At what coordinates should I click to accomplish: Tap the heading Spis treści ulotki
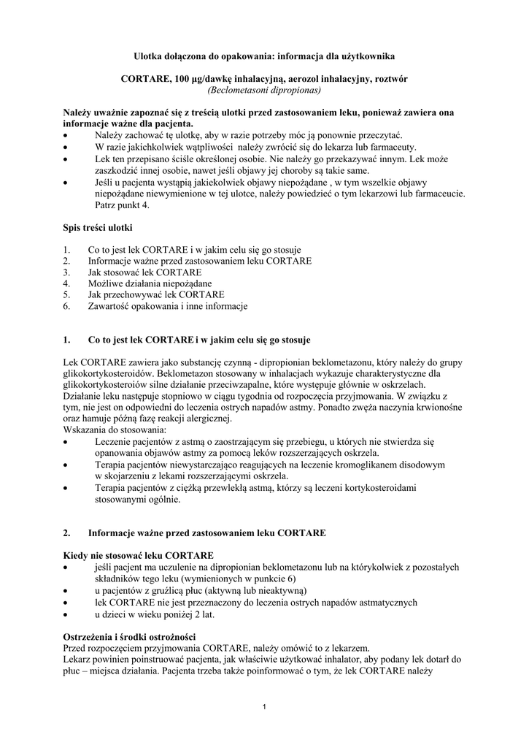pyautogui.click(x=98, y=229)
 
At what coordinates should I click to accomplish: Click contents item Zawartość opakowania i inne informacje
pyautogui.click(x=167, y=306)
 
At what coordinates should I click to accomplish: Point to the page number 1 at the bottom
pyautogui.click(x=264, y=706)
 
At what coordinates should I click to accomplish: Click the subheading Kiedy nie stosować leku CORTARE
pyautogui.click(x=139, y=556)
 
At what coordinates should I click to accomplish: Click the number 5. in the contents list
pyautogui.click(x=67, y=294)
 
